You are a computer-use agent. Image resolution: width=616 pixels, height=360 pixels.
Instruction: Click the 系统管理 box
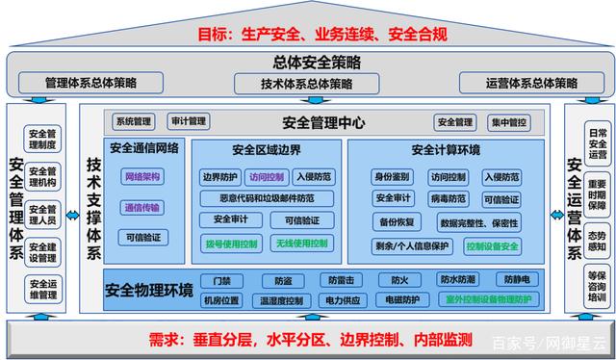click(135, 122)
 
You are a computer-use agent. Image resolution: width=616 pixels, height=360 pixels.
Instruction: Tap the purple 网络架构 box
click(142, 177)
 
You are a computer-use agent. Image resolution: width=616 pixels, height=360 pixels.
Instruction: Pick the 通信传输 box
click(142, 207)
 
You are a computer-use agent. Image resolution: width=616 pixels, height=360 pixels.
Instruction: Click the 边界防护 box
click(219, 177)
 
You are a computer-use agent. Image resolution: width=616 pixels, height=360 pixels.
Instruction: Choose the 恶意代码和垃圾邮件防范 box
click(267, 198)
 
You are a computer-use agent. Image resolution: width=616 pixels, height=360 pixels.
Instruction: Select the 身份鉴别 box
click(393, 177)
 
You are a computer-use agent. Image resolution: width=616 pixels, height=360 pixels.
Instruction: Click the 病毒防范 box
click(448, 199)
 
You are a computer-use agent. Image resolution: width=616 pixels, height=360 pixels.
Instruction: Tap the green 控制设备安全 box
click(492, 246)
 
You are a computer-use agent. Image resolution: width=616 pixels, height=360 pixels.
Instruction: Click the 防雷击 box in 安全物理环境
click(340, 280)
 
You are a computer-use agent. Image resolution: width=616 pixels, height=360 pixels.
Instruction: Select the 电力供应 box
click(341, 300)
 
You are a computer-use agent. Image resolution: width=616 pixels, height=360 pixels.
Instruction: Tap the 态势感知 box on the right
click(597, 237)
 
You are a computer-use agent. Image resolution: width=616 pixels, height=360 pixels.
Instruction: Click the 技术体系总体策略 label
click(306, 84)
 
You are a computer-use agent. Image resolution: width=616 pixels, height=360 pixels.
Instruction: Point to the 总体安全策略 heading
click(308, 62)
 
